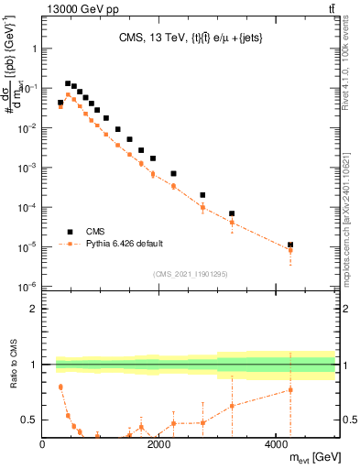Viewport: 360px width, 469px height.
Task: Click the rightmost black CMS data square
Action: [x=290, y=245]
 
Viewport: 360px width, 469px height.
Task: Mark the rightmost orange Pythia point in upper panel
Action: [x=290, y=250]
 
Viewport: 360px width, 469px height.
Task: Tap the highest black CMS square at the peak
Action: [x=67, y=83]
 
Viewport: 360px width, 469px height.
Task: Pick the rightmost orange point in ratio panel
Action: [x=290, y=389]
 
